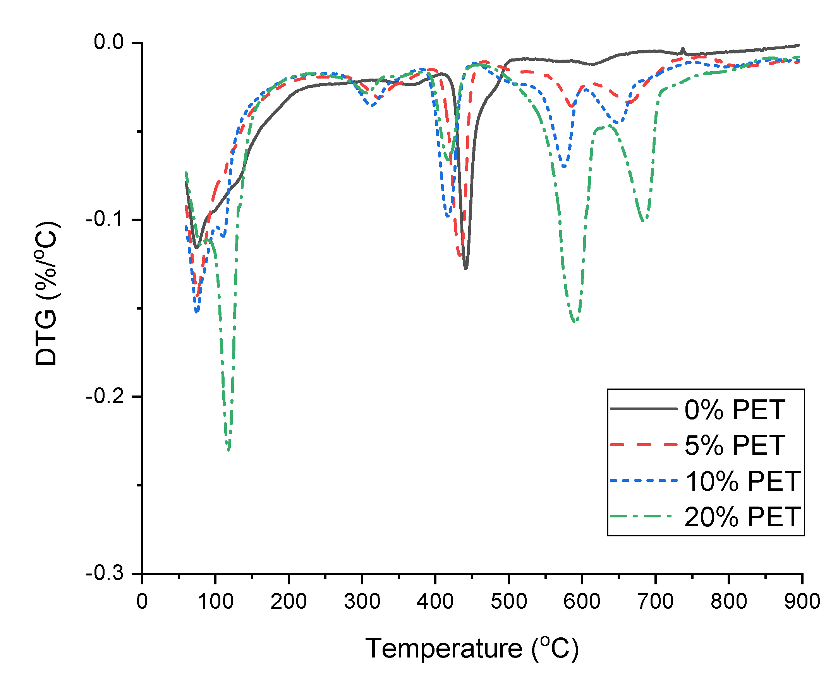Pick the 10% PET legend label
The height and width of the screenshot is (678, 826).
coord(742,481)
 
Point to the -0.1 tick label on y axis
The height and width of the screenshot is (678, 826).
coord(104,220)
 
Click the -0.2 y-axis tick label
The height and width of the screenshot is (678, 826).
coord(104,397)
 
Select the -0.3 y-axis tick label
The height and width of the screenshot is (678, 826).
coord(104,574)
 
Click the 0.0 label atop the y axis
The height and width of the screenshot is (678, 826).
coord(108,42)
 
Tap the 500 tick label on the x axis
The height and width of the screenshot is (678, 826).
coord(508,601)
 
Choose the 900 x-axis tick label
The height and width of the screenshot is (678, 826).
coord(802,601)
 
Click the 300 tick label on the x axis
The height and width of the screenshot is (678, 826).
coord(362,601)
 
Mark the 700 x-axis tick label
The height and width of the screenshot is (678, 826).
coord(655,601)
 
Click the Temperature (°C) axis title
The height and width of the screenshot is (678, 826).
coord(472,649)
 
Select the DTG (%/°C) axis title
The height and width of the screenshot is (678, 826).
coord(46,293)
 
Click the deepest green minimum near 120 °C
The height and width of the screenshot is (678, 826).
coord(228,449)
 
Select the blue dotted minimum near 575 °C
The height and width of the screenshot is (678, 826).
coord(564,166)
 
